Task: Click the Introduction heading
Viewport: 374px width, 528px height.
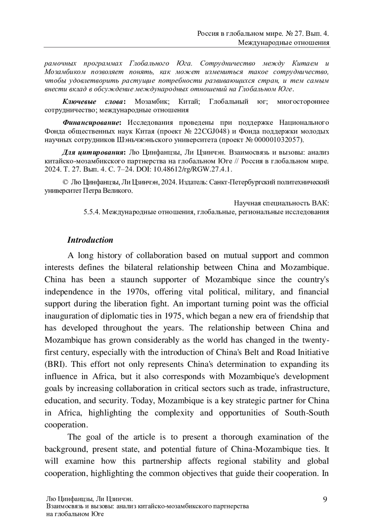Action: [x=90, y=240]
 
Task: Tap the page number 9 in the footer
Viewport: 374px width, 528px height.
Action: [x=325, y=500]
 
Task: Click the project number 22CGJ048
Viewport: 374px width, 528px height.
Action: [x=210, y=131]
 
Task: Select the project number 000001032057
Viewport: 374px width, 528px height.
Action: [x=278, y=139]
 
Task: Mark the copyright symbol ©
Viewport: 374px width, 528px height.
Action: [x=65, y=182]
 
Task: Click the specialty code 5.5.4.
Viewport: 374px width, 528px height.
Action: [x=91, y=212]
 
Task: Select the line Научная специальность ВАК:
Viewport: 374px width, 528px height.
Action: [x=281, y=203]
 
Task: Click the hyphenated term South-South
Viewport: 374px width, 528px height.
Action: [x=307, y=413]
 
